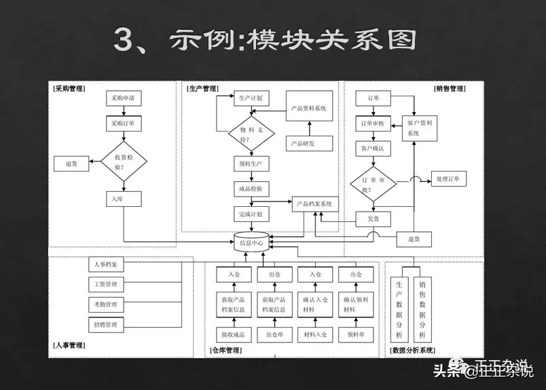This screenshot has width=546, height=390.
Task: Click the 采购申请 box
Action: click(124, 98)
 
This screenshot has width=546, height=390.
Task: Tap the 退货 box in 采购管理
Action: click(71, 163)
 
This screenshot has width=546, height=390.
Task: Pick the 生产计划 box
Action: click(251, 98)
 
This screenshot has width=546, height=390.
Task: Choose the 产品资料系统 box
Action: click(309, 108)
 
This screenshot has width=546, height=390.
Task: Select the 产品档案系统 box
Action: click(315, 203)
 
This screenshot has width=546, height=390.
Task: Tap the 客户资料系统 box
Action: click(420, 128)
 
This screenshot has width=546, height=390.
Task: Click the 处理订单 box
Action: click(448, 179)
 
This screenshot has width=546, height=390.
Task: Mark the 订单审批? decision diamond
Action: click(374, 185)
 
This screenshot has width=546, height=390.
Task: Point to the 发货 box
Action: click(374, 219)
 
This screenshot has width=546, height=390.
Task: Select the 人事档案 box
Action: click(106, 264)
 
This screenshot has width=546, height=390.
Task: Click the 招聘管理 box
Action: click(106, 325)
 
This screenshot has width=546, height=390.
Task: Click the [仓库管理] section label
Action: click(226, 351)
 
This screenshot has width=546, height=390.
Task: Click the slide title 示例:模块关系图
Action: click(264, 41)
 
